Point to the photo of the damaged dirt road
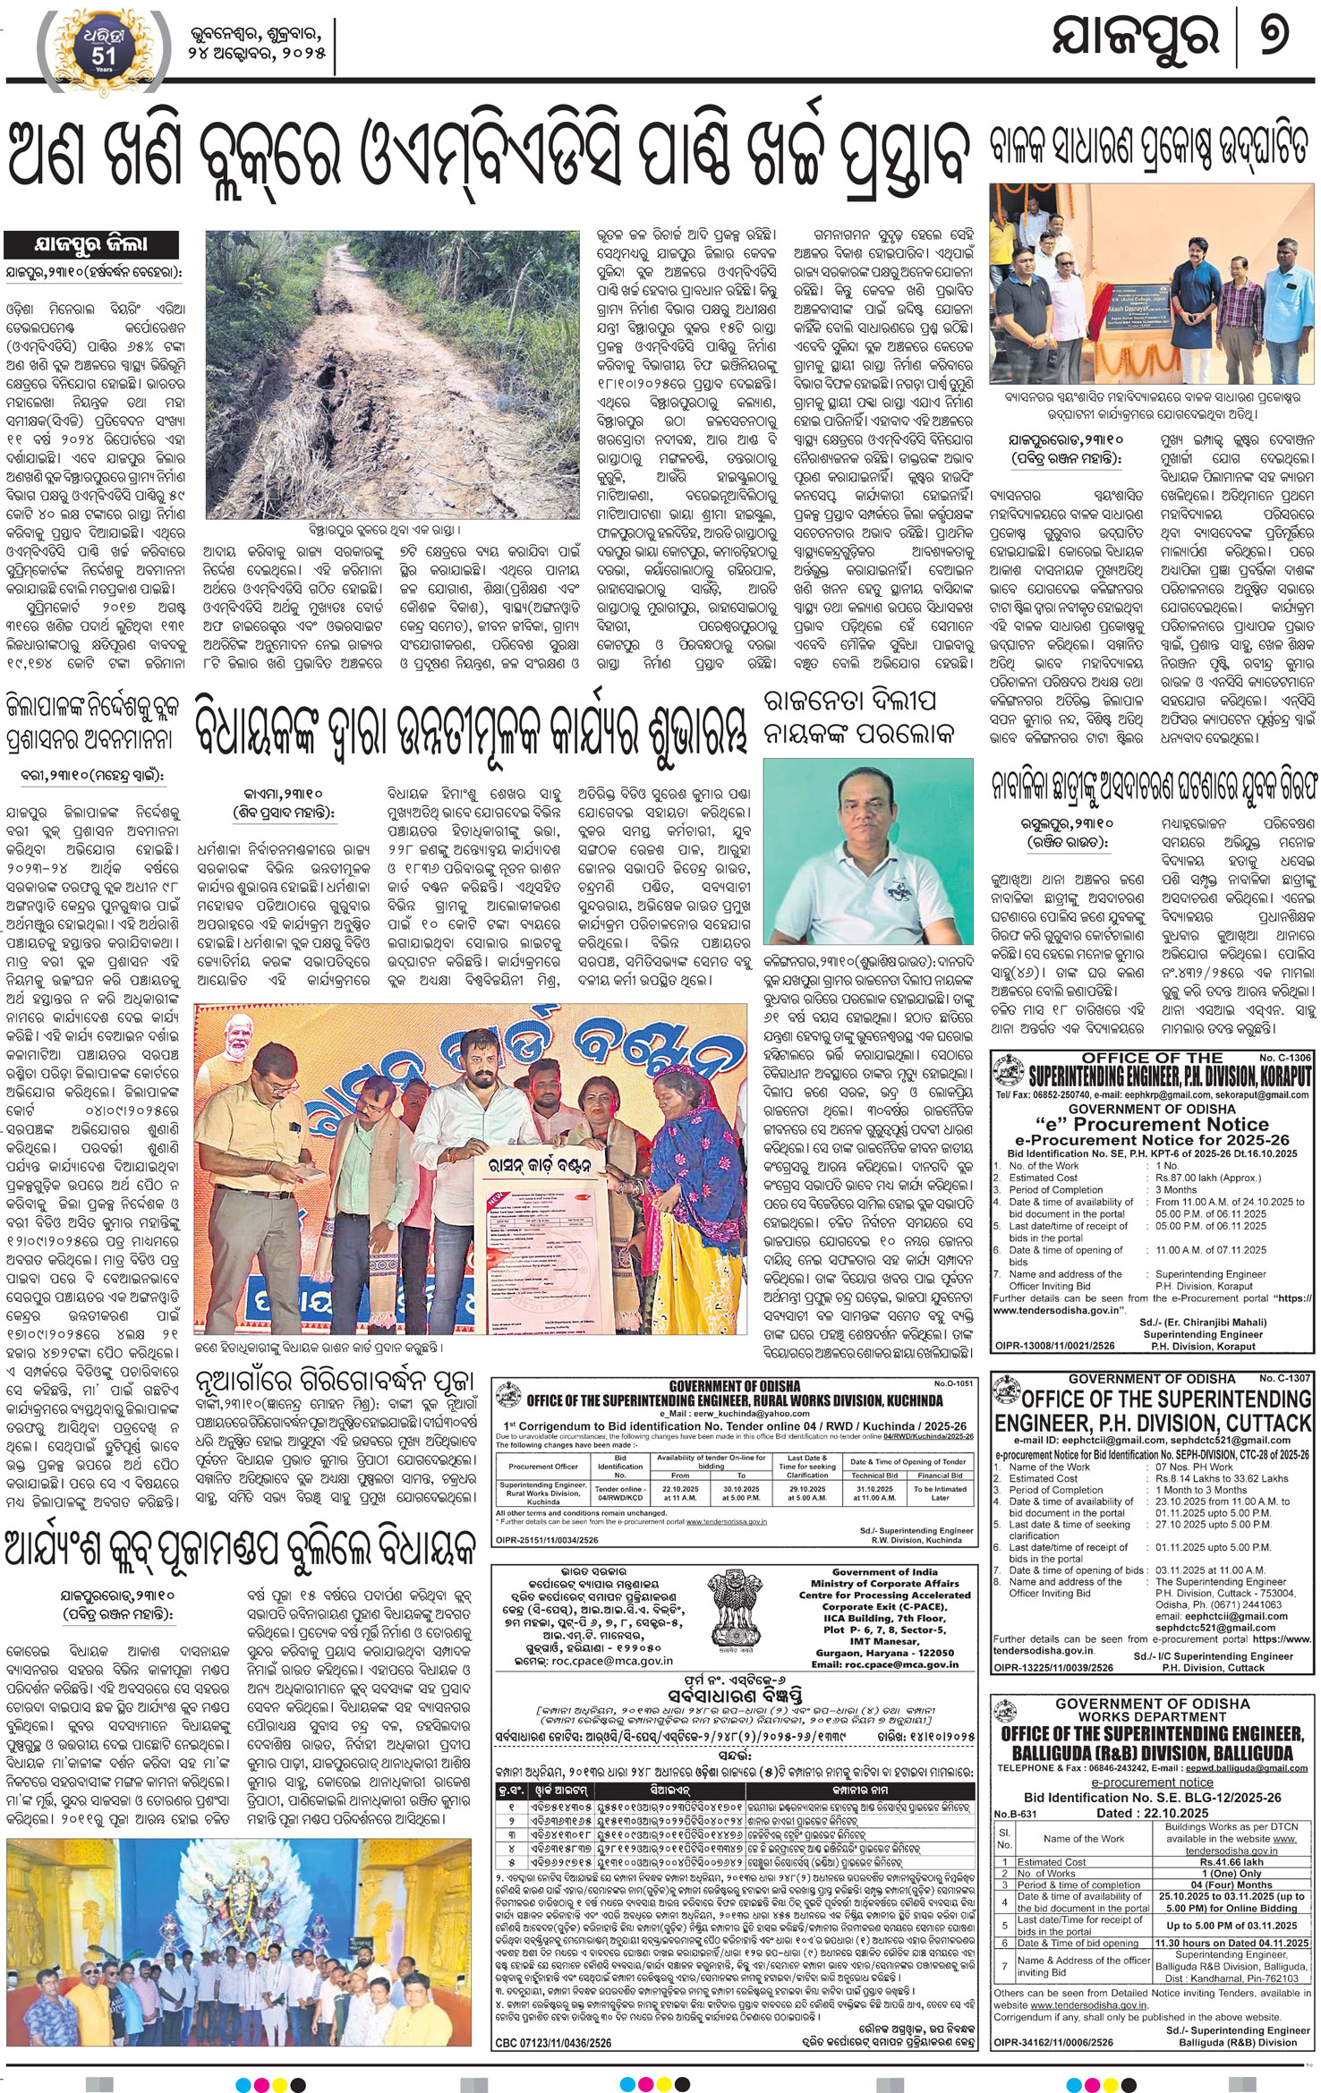click(393, 374)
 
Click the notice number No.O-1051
click(954, 1383)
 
